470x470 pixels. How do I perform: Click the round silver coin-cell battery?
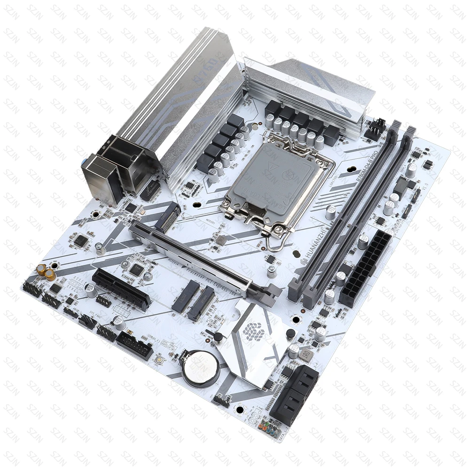198,367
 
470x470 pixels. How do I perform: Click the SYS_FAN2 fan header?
88,321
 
